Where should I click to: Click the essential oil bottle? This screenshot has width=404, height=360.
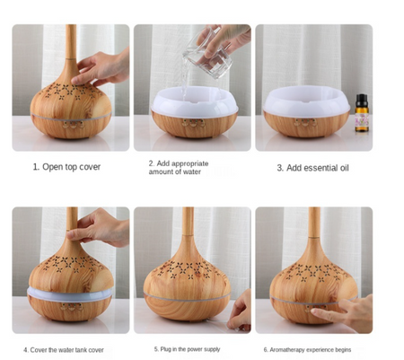362,113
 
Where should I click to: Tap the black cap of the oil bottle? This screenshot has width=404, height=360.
362,99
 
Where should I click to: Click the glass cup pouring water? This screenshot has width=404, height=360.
208,53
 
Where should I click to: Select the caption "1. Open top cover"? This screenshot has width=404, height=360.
66,167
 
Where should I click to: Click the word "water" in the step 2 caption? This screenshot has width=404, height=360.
192,171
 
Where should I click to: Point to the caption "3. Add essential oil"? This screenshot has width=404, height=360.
312,168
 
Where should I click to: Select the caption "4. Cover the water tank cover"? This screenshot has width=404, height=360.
64,350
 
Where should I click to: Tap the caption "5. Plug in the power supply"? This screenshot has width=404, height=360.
187,349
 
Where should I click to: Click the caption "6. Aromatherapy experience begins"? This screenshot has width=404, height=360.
307,350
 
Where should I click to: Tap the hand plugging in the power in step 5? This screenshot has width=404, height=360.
241,312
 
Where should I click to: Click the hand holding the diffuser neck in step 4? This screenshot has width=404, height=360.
99,227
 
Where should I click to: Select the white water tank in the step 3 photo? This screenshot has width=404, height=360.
306,101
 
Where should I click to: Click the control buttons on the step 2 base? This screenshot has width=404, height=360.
194,123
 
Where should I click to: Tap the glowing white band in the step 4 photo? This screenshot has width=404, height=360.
70,294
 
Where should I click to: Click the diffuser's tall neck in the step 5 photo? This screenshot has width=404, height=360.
188,223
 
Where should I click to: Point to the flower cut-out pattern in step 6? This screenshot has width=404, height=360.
313,272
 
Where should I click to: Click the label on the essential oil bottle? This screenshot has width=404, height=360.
362,119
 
